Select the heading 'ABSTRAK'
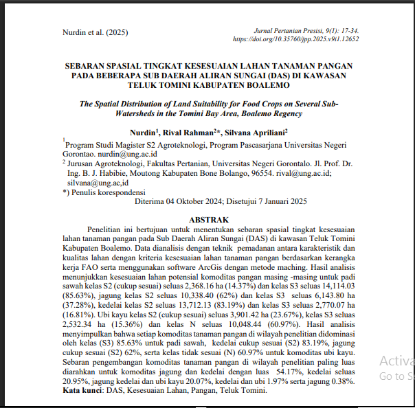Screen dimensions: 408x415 207,219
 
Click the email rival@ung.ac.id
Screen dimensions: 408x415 302,174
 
